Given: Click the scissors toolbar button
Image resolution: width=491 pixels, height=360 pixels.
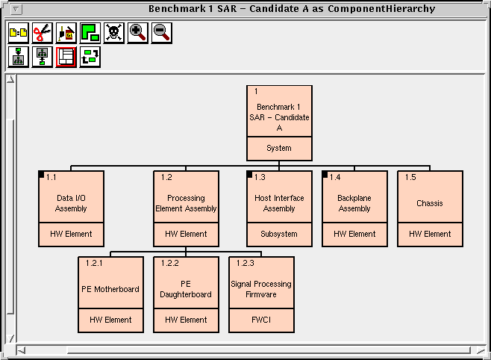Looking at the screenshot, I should tap(43, 33).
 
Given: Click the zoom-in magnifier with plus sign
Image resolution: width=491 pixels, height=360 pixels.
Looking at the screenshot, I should tap(137, 33).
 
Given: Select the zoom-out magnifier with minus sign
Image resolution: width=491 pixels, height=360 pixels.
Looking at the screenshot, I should tap(161, 33).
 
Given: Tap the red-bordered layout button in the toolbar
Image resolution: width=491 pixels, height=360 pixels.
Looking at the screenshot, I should tap(66, 57).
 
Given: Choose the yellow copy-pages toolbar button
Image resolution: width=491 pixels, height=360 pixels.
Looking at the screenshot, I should tap(19, 33).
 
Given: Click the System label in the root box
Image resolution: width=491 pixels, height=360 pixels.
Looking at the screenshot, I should tap(279, 148).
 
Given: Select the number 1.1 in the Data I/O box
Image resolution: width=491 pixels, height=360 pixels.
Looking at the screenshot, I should tap(51, 178).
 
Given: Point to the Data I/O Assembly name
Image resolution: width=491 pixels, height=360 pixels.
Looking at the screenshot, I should tap(71, 203).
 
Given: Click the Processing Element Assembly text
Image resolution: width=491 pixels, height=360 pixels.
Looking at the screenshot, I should tap(186, 203).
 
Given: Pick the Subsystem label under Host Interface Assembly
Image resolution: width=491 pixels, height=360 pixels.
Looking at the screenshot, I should tap(279, 234).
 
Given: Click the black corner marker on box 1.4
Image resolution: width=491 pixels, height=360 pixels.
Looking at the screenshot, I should tap(326, 175).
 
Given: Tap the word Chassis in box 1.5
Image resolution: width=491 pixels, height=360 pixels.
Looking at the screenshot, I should tap(430, 203).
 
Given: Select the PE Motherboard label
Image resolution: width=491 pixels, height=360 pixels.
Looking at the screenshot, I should tap(110, 289).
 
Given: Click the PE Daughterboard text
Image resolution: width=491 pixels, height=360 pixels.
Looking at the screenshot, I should tap(186, 289).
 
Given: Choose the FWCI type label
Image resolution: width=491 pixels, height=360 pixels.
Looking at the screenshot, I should tap(261, 320).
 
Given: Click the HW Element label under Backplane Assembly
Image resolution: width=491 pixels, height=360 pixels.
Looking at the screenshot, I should tap(354, 234).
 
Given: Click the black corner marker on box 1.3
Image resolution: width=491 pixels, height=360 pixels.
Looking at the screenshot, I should tap(251, 175).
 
